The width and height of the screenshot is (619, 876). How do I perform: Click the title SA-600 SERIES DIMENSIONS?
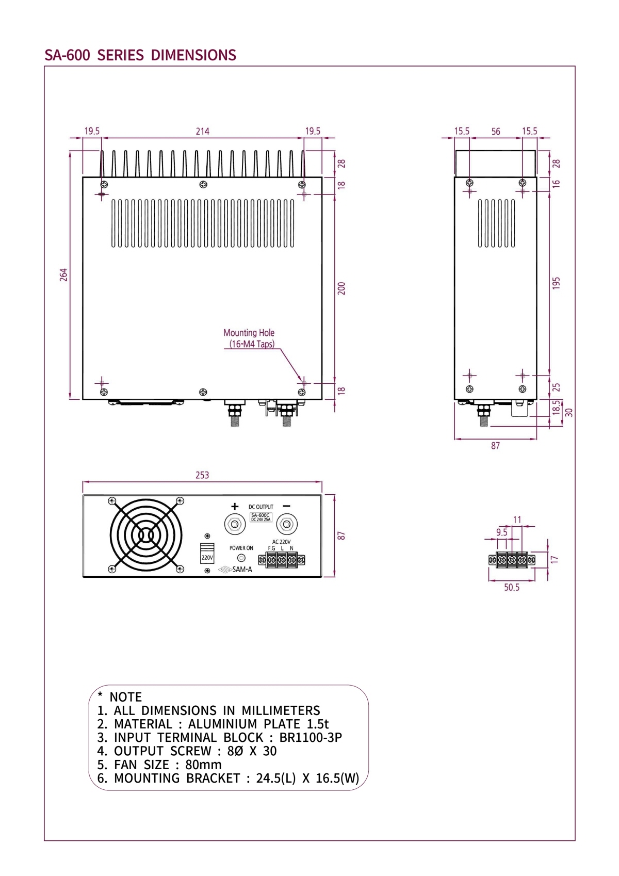(140, 55)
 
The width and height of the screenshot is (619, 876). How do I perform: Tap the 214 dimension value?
(203, 131)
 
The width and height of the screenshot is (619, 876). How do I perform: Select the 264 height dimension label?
(63, 274)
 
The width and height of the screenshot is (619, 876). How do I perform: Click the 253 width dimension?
(202, 475)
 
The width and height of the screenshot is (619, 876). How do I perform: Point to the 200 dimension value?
(341, 288)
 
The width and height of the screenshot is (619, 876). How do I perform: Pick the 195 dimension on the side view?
(556, 283)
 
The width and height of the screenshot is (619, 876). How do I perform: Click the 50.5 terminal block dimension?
(512, 587)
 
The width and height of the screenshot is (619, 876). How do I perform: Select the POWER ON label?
(241, 548)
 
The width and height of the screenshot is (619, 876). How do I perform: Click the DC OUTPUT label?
(261, 507)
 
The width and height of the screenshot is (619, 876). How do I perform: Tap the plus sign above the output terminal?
(235, 506)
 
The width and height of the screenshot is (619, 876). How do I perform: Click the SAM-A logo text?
(242, 570)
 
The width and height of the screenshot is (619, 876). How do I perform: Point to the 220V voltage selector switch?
(207, 553)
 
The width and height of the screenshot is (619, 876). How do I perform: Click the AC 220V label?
(282, 542)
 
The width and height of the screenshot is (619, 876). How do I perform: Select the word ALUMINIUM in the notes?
(222, 724)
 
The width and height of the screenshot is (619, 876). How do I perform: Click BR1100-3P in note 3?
(311, 737)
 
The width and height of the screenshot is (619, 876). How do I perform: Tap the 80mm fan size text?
(203, 765)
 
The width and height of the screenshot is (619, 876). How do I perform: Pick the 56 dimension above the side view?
(496, 132)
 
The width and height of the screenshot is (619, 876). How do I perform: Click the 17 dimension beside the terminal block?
(555, 559)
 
